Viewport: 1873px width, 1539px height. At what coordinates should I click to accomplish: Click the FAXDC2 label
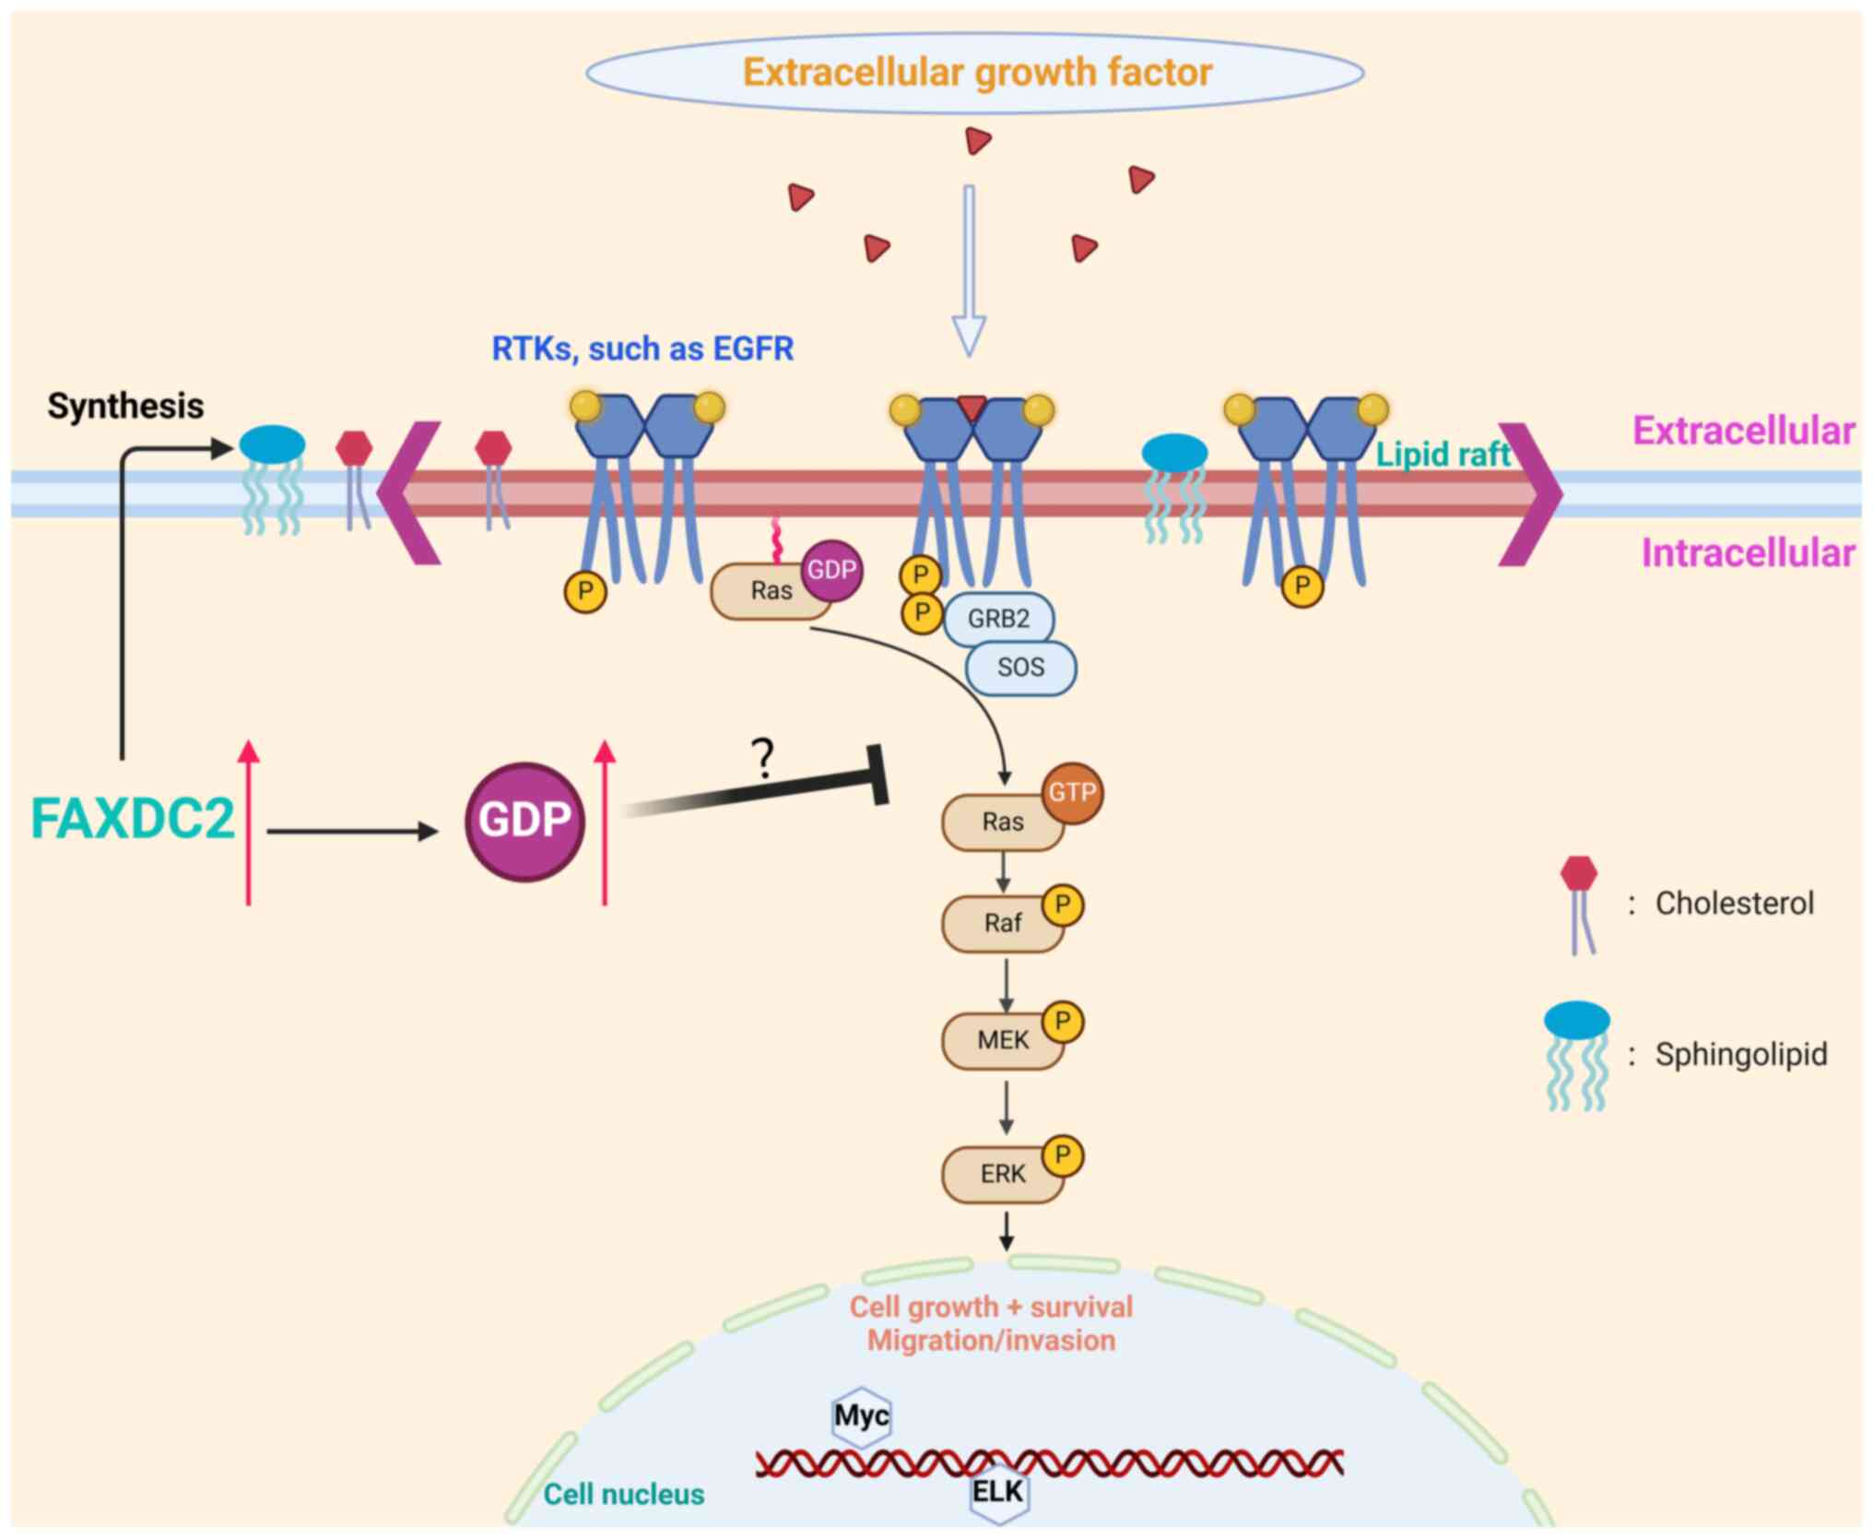tap(133, 819)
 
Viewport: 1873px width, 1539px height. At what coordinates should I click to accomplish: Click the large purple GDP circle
tap(524, 821)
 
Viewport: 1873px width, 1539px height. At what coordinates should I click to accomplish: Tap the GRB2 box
tap(998, 619)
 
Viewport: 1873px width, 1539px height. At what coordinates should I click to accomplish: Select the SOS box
tap(1020, 668)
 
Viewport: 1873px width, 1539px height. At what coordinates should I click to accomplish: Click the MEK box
tap(1002, 1041)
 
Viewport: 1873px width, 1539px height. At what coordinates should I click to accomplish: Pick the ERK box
tap(1002, 1175)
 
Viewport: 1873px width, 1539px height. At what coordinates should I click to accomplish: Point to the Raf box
tap(1002, 923)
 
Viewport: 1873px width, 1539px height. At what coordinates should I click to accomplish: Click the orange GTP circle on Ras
tap(1072, 792)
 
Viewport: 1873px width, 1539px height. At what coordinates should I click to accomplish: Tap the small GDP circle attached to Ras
tap(831, 571)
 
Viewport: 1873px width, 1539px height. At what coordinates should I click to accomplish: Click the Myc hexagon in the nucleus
tap(861, 1415)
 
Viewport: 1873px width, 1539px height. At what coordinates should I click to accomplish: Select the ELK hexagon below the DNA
tap(998, 1491)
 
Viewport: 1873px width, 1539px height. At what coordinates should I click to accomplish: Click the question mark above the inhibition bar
tap(762, 759)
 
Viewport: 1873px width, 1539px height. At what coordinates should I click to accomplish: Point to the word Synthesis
tap(125, 406)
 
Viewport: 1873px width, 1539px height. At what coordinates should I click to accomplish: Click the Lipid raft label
tap(1443, 454)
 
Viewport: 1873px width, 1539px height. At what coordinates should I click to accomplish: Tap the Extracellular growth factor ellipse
tap(975, 73)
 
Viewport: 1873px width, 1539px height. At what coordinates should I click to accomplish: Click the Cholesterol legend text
tap(1734, 904)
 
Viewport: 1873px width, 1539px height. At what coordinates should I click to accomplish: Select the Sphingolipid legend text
tap(1740, 1054)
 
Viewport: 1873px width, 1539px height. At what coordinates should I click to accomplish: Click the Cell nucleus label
tap(623, 1494)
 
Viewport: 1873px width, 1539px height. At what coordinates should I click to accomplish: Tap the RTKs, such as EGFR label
tap(642, 349)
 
